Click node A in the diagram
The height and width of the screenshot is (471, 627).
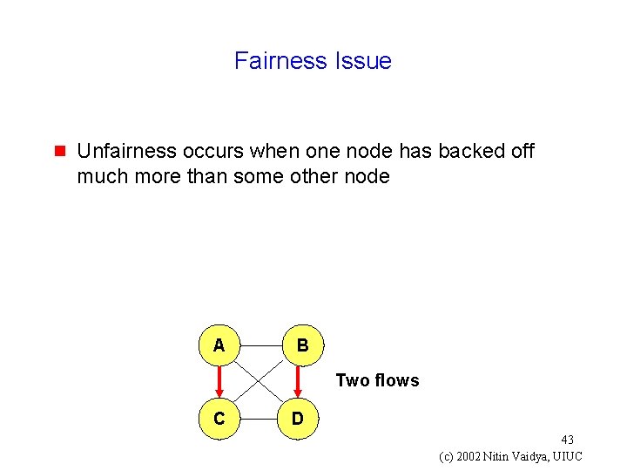(219, 345)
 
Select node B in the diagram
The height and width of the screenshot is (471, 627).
(301, 345)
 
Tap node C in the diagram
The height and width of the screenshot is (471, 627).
(219, 419)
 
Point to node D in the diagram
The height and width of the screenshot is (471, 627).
(298, 419)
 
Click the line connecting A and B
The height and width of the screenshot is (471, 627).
(260, 345)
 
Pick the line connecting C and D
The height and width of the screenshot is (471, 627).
(258, 419)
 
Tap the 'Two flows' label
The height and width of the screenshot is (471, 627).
(377, 380)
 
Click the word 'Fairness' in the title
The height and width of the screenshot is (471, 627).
(280, 61)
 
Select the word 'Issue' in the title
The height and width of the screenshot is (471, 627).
(362, 61)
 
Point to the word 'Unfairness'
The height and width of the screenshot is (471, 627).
(125, 151)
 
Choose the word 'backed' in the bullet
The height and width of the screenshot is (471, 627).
(471, 151)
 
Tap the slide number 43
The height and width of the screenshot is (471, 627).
(567, 440)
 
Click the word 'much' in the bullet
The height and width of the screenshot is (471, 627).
(100, 176)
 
